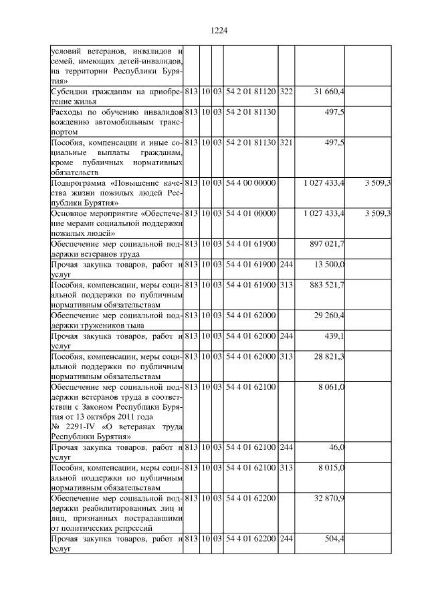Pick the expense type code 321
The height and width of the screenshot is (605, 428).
click(x=286, y=143)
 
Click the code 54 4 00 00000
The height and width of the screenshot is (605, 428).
click(x=250, y=182)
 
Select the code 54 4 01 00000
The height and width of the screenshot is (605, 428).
click(x=250, y=213)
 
